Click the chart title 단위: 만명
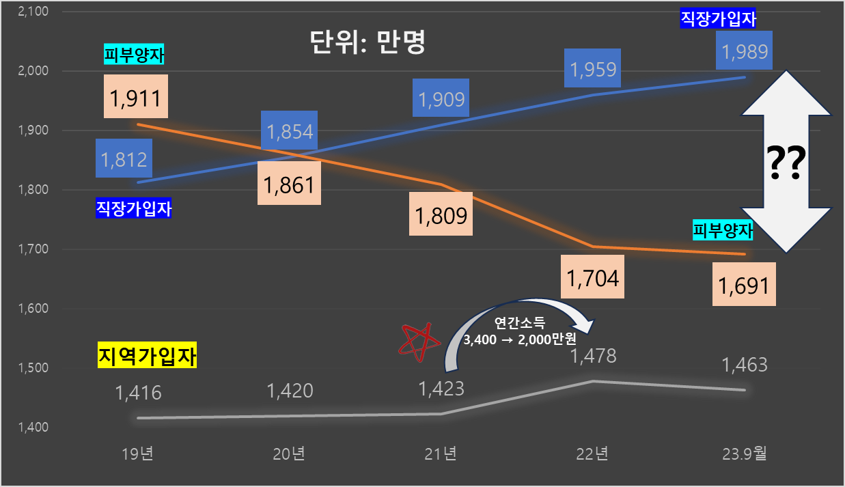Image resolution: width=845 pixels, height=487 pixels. (367, 43)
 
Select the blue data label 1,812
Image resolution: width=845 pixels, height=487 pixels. (124, 159)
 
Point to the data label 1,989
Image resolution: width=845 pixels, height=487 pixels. (745, 51)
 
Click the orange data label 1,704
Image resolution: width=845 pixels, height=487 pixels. (593, 277)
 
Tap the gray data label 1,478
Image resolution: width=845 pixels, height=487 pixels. (593, 356)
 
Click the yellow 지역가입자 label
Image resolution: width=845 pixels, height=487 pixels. (148, 356)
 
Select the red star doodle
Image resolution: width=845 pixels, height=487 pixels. (417, 340)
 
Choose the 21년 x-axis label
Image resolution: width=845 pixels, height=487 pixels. (441, 454)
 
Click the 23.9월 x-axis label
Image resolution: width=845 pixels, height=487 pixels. (745, 454)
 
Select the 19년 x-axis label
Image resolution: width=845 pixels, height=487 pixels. (138, 454)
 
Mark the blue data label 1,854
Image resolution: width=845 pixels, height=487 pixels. (289, 130)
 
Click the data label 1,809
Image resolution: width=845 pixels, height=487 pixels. (441, 215)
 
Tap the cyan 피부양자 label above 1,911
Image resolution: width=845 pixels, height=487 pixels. (134, 55)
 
